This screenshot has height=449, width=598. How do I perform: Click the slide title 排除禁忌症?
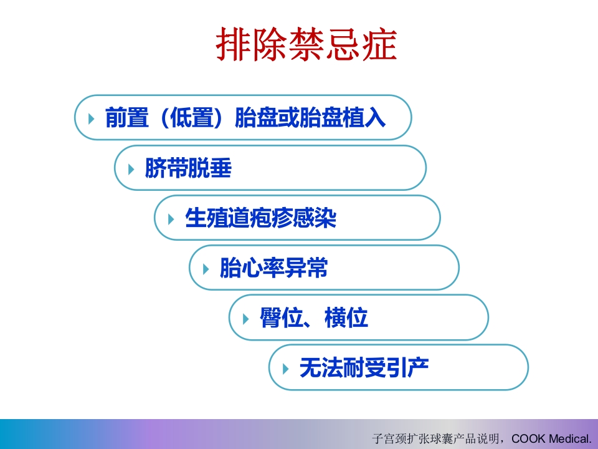(x=306, y=45)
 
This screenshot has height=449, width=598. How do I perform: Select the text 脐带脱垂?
(x=187, y=168)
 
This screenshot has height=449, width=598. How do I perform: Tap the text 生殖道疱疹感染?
(x=260, y=218)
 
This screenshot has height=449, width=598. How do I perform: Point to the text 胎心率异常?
(x=273, y=268)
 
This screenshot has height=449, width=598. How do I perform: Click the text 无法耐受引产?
(x=364, y=368)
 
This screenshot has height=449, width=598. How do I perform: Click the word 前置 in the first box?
(x=126, y=118)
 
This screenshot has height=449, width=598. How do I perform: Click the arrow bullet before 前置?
(x=92, y=118)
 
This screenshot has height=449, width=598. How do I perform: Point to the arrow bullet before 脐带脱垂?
(x=131, y=168)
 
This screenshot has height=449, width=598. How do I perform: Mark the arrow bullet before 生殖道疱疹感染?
(x=171, y=218)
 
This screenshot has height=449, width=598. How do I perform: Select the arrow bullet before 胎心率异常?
(x=206, y=269)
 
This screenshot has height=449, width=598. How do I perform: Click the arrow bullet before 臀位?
(x=246, y=319)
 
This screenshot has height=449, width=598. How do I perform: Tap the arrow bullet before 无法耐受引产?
(x=286, y=369)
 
